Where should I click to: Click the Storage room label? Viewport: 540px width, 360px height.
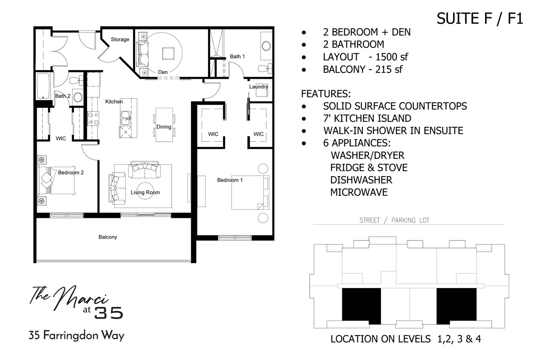coord(120,39)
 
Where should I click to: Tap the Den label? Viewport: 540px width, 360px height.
coord(163,72)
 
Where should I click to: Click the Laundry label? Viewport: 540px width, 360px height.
coord(258,86)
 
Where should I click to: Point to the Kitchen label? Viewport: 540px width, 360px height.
coord(114,101)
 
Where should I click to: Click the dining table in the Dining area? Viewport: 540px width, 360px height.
coord(164,125)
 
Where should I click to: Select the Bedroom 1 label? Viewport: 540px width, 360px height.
coord(230,180)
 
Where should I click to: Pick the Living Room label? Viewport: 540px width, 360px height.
coord(145,192)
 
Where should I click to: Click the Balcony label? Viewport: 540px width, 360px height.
coord(108,237)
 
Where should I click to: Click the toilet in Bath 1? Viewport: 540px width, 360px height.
coord(264,68)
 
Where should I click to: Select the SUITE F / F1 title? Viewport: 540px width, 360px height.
coord(480,19)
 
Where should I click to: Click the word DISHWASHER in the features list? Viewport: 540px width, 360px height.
coord(361,180)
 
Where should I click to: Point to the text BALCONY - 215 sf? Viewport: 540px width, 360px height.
coord(362,70)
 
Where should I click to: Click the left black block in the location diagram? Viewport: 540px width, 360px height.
coord(361,304)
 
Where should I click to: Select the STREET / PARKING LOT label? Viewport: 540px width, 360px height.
coord(394,221)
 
